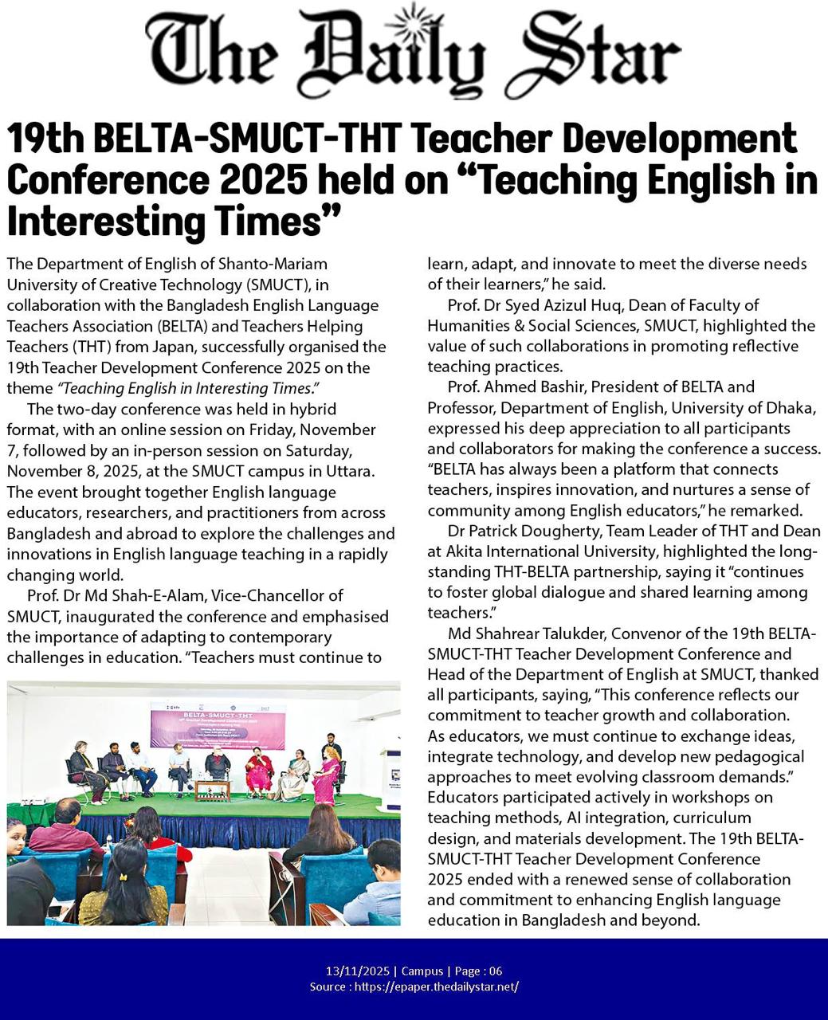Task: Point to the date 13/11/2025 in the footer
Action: click(358, 971)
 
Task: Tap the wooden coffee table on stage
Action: click(212, 790)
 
